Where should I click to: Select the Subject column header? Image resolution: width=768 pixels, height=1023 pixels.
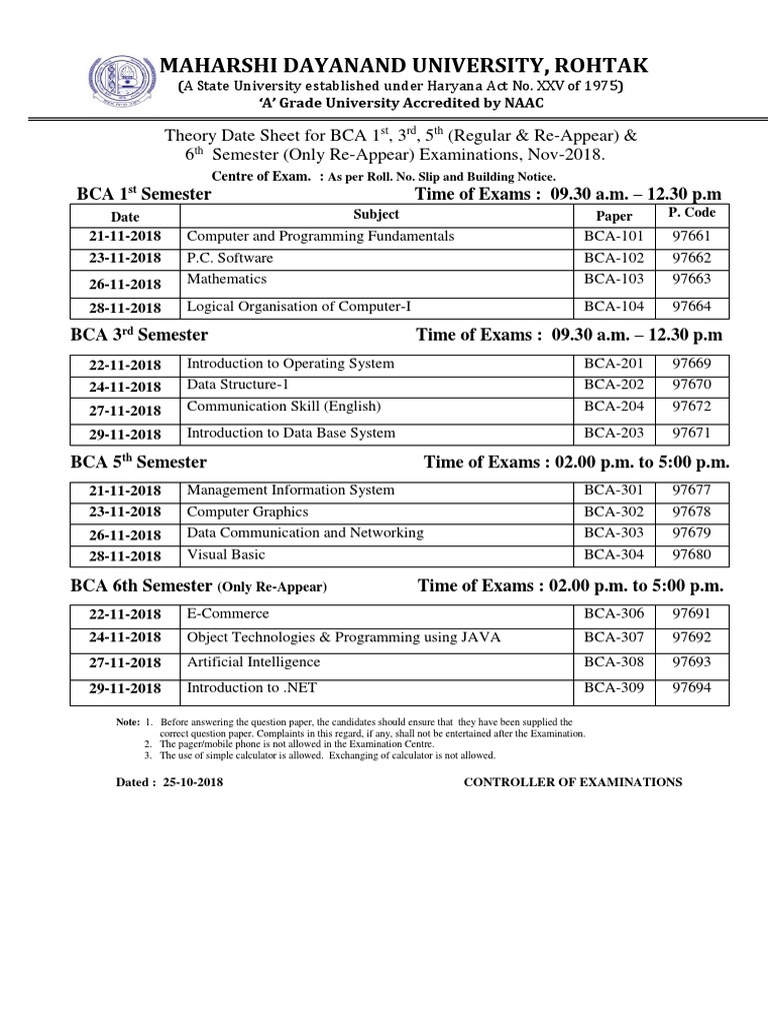pyautogui.click(x=376, y=214)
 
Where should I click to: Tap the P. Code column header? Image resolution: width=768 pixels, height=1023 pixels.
pyautogui.click(x=686, y=213)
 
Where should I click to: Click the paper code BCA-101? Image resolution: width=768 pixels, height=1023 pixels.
pyautogui.click(x=614, y=237)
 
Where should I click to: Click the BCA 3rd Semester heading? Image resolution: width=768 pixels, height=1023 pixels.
pyautogui.click(x=139, y=335)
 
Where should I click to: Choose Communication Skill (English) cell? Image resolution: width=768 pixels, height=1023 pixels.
pyautogui.click(x=284, y=408)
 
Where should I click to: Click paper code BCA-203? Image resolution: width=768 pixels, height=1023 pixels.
pyautogui.click(x=614, y=434)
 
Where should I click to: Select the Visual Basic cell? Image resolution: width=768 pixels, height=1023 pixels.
pyautogui.click(x=226, y=554)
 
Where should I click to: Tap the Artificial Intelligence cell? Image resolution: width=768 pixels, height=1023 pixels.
pyautogui.click(x=254, y=662)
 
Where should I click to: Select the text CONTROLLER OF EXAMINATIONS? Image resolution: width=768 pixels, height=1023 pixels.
pyautogui.click(x=573, y=782)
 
